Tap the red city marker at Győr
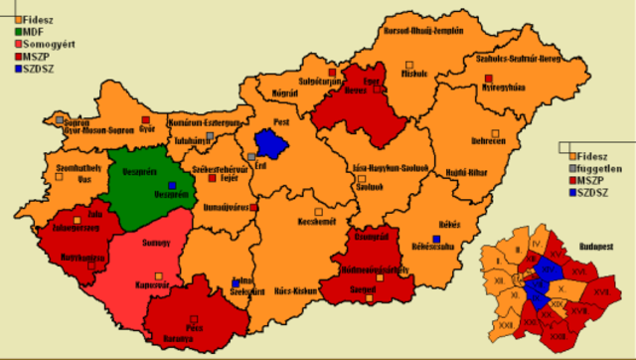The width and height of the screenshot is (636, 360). coord(145,119)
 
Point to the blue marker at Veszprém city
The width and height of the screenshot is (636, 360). coord(172,185)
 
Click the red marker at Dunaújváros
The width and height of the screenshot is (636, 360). coord(254,208)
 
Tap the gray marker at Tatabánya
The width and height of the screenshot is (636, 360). coord(210,134)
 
